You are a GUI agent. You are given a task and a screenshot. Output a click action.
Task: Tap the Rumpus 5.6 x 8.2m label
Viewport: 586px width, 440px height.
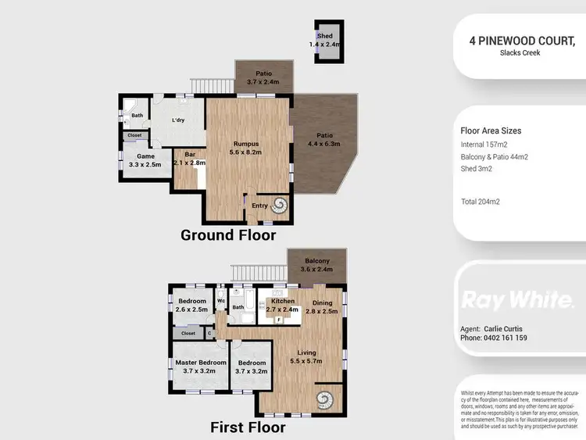246,148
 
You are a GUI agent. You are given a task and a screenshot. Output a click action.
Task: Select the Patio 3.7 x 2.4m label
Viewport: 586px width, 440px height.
263,77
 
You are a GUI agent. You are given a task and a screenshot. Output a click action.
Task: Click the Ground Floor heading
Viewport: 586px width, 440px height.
228,234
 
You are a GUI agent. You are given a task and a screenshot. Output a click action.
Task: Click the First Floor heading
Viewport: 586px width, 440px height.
248,427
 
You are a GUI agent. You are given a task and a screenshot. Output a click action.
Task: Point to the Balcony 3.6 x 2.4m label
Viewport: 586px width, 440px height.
316,265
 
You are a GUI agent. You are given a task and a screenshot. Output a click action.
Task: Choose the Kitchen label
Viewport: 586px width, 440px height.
282,305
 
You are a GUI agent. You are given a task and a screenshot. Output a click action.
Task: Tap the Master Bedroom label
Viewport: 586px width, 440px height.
200,367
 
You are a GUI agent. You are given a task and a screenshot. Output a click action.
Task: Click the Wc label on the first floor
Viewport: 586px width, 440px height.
222,300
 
